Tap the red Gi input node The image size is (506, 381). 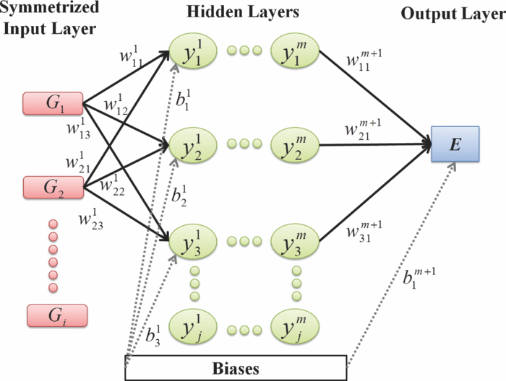pyautogui.click(x=56, y=315)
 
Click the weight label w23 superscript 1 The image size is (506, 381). pyautogui.click(x=93, y=219)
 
